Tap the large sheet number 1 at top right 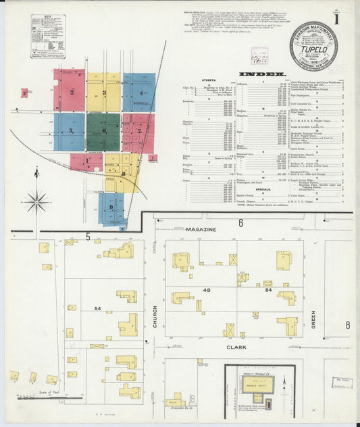[x=345, y=12]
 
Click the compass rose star [x=36, y=201]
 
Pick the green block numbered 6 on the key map [x=103, y=131]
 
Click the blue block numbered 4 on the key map [x=140, y=93]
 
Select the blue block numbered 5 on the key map [x=70, y=131]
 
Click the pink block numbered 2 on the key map [x=71, y=92]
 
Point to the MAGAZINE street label [x=202, y=230]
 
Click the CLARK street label [x=236, y=348]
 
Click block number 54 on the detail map [x=98, y=308]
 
